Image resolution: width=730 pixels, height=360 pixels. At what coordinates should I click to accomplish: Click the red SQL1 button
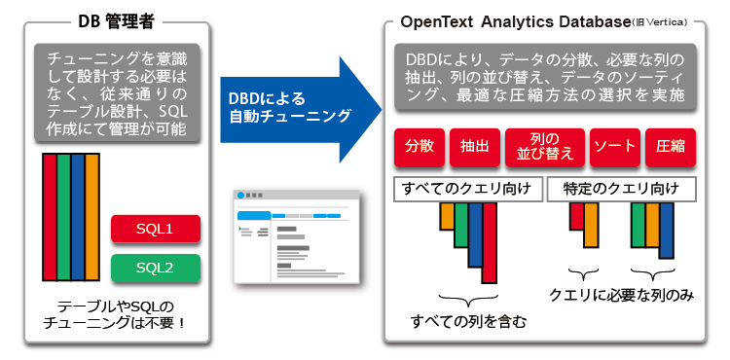[x=155, y=229]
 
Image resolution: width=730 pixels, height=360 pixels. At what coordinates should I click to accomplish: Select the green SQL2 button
[x=155, y=267]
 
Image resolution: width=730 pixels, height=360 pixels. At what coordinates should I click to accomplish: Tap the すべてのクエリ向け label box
[x=464, y=188]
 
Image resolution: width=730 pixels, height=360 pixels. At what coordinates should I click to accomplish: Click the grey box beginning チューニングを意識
[x=116, y=93]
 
